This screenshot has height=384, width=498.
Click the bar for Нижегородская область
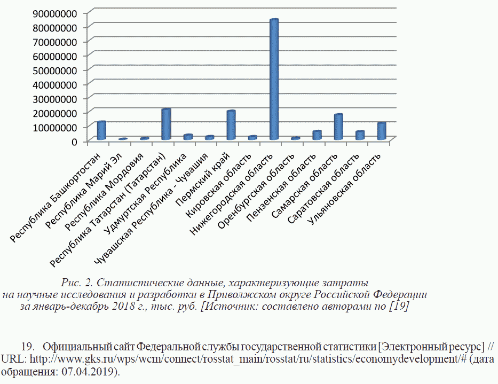(274, 80)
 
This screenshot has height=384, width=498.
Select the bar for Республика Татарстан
(166, 124)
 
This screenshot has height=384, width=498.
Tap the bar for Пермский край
(231, 126)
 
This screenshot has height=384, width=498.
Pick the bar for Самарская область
(338, 127)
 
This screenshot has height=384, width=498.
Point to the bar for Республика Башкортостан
(101, 130)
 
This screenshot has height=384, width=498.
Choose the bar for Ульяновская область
(382, 131)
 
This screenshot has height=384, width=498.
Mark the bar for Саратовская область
(360, 135)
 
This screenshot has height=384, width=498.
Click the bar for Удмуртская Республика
(188, 137)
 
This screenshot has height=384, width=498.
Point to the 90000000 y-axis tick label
(54, 13)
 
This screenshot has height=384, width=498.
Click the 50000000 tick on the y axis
(54, 70)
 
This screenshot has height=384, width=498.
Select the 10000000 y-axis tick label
(54, 127)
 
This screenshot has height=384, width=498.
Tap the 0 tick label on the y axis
(74, 142)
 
